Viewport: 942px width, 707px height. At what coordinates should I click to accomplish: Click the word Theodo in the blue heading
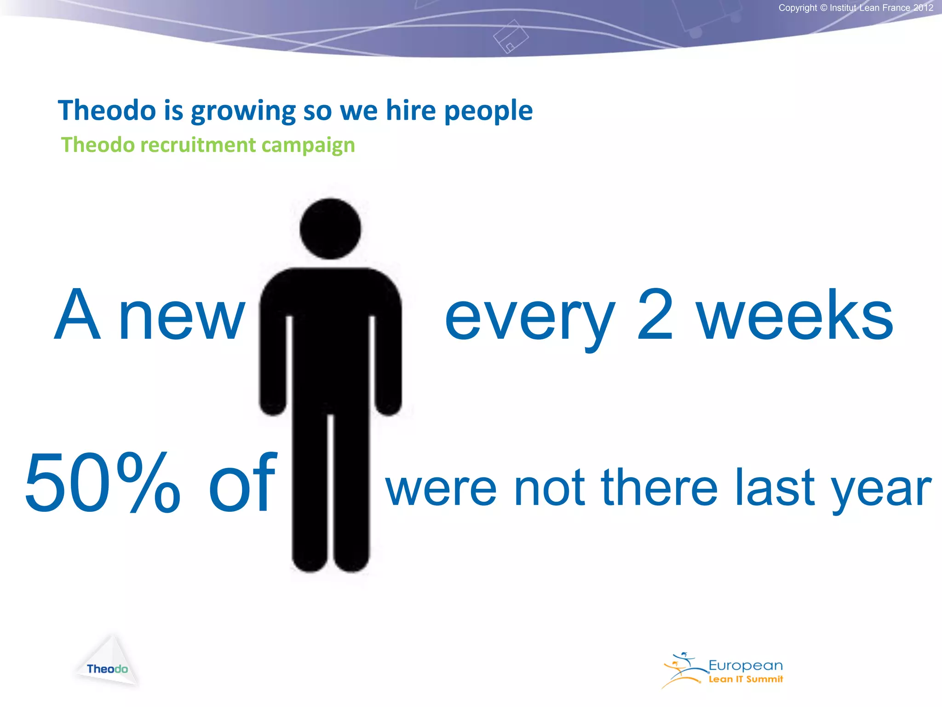107,111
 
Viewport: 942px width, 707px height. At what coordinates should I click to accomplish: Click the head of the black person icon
330,229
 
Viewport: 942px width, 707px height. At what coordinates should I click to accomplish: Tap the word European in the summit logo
745,666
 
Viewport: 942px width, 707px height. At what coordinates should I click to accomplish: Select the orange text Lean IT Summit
745,679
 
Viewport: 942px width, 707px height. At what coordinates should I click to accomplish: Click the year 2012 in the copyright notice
923,8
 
